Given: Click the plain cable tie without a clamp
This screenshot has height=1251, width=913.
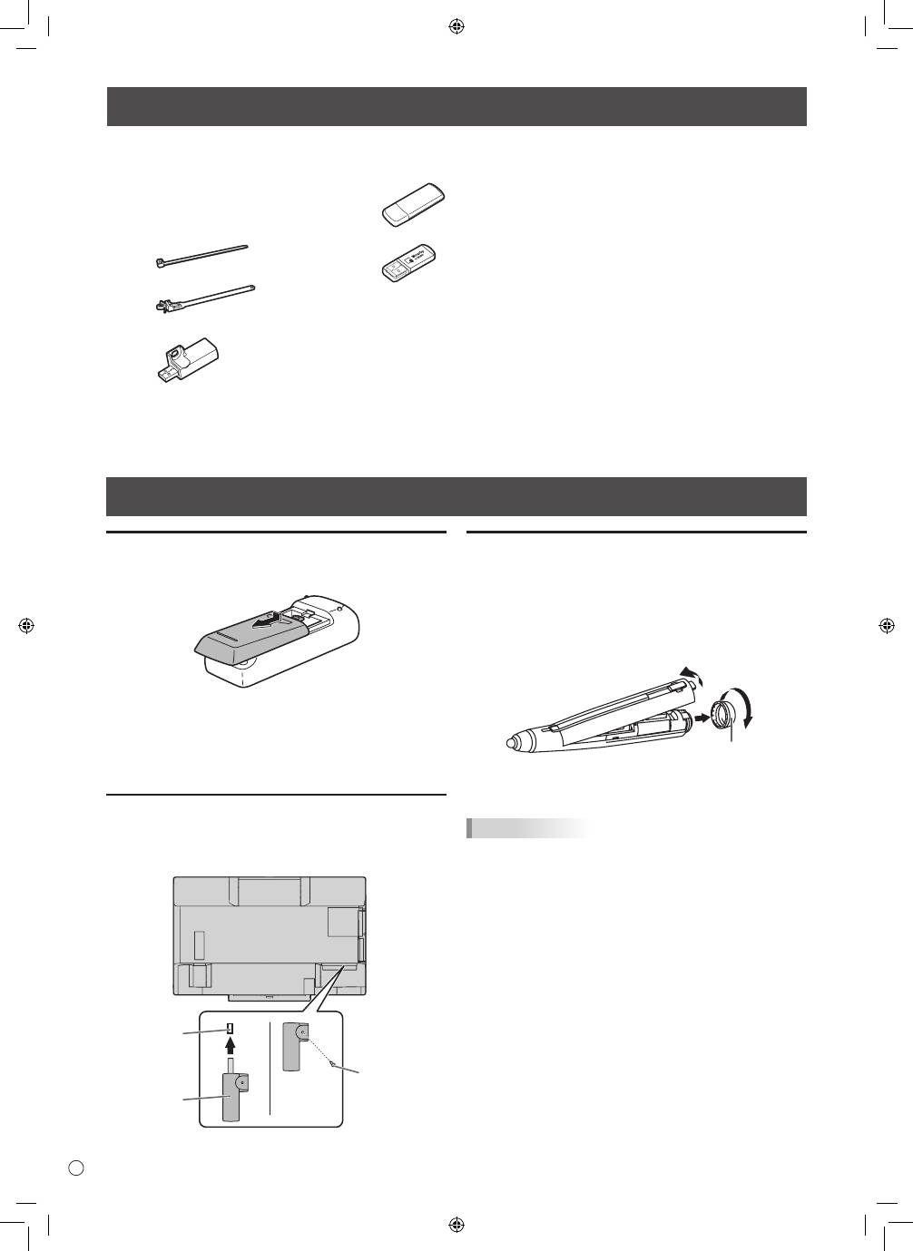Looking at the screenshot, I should click(201, 255).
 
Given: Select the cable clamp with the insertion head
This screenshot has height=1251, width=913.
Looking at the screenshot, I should click(203, 298).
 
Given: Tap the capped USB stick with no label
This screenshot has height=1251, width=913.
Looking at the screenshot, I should click(413, 205).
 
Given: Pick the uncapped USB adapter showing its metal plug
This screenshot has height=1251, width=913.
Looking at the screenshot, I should click(411, 260).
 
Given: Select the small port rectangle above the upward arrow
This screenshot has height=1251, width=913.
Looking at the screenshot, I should click(231, 1030).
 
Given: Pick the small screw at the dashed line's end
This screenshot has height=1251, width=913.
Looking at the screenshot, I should click(334, 1063).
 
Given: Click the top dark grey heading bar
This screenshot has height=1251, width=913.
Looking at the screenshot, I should click(456, 107).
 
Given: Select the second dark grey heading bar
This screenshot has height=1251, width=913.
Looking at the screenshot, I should click(456, 496).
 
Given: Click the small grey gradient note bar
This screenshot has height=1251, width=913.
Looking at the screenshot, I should click(527, 828).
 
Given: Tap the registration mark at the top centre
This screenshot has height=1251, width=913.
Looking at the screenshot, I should click(456, 26).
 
